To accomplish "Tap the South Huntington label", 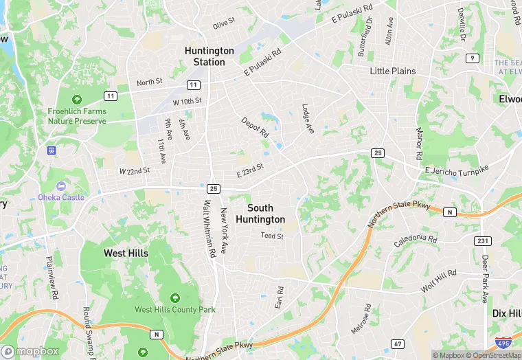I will pyautogui.click(x=260, y=214).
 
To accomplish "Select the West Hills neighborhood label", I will pyautogui.click(x=126, y=254).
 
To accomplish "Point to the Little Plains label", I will pyautogui.click(x=393, y=71).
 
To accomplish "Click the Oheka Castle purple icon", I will pyautogui.click(x=60, y=186).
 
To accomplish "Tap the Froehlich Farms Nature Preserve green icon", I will pyautogui.click(x=77, y=100).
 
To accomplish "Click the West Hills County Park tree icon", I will pyautogui.click(x=174, y=298).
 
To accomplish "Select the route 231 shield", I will pyautogui.click(x=483, y=240).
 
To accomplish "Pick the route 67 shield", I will pyautogui.click(x=398, y=344).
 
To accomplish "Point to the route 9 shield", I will pyautogui.click(x=472, y=58).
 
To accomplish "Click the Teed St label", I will pyautogui.click(x=272, y=236).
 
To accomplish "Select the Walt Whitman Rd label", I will pyautogui.click(x=209, y=229).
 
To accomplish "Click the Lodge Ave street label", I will pyautogui.click(x=308, y=118).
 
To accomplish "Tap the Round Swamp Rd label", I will pyautogui.click(x=88, y=331).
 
